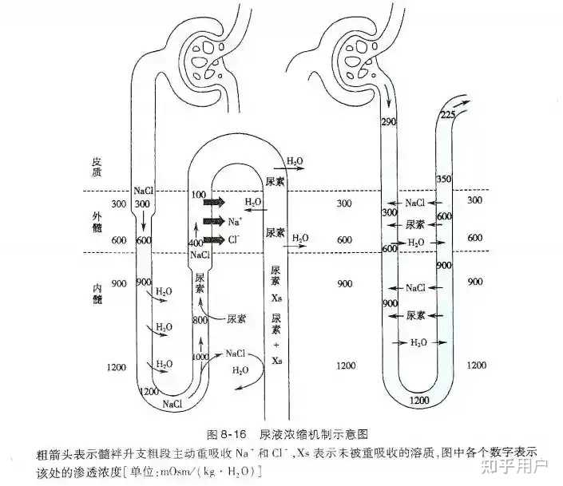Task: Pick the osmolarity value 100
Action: [x=200, y=196]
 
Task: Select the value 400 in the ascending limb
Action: [x=195, y=242]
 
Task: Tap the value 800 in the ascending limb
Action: [x=200, y=320]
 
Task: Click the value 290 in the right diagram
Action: [x=390, y=122]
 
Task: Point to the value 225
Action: [x=449, y=117]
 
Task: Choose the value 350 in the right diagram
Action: [x=446, y=180]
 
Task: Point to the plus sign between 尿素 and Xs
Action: [x=276, y=345]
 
